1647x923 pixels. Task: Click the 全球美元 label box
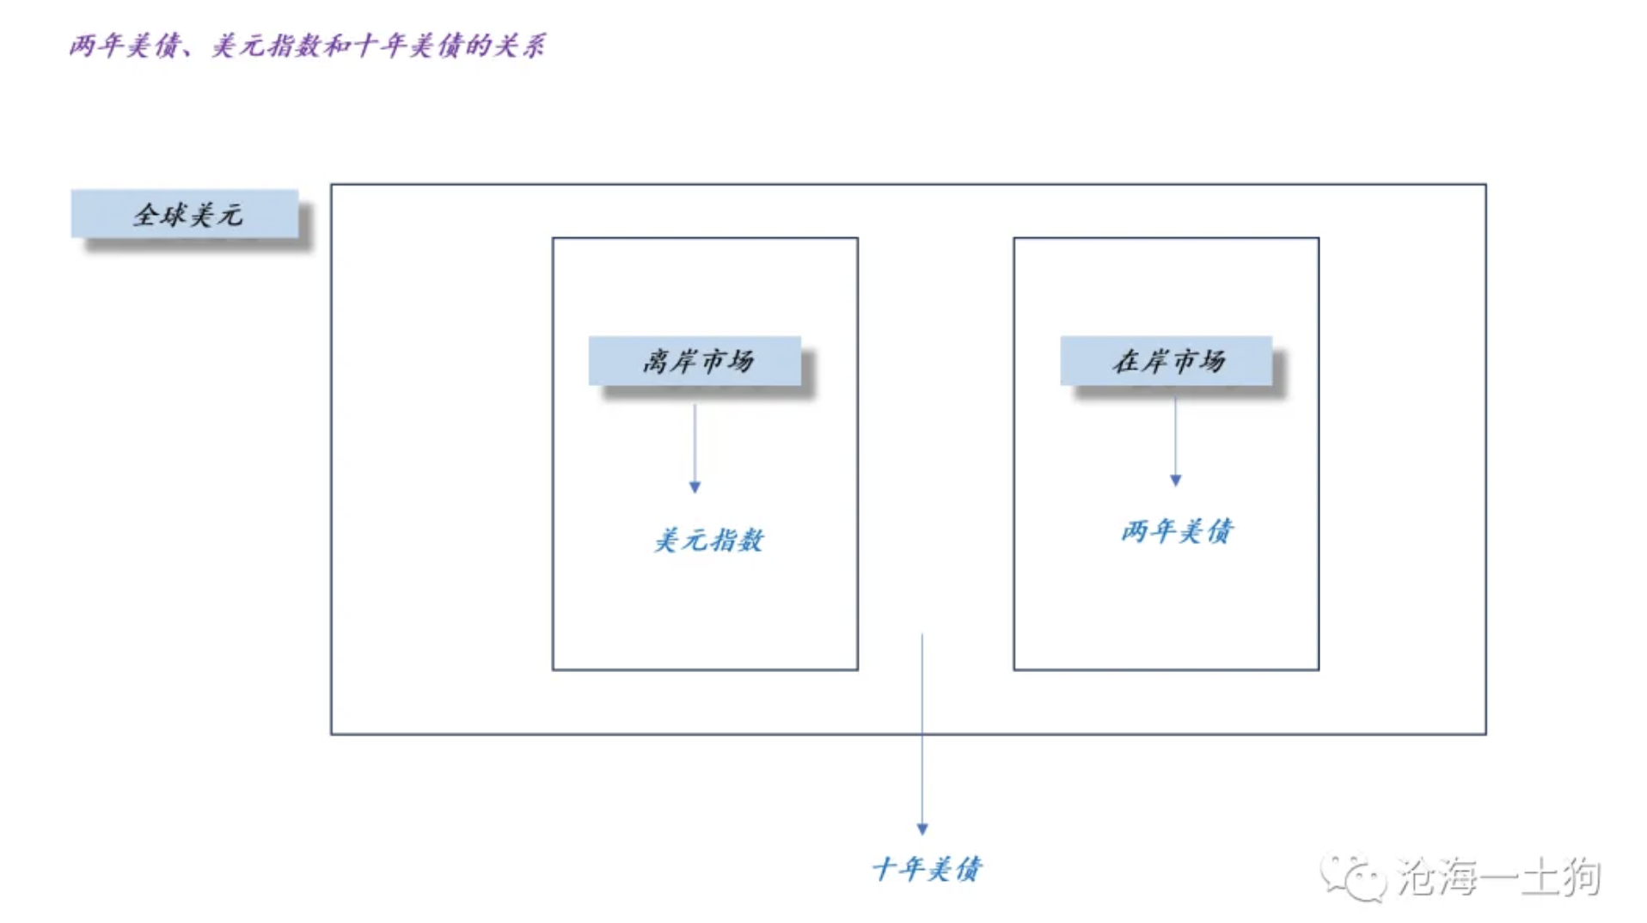185,214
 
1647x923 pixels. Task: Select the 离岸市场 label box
695,361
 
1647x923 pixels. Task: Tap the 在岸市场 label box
1166,361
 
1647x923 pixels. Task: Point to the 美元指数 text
709,540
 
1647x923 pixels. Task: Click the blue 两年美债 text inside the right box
1176,531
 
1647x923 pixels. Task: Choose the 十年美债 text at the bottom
927,869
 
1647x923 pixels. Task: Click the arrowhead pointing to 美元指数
695,487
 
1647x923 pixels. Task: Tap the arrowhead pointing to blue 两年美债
1175,480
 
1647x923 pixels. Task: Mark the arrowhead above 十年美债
922,828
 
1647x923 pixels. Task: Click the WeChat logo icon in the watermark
1353,877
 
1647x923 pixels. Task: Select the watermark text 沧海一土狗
1498,877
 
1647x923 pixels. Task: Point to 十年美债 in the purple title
408,46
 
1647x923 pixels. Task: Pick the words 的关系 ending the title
505,46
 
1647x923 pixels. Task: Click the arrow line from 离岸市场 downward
695,443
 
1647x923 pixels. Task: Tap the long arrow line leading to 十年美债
922,730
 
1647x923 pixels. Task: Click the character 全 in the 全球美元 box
146,215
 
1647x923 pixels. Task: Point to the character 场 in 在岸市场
1213,361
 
